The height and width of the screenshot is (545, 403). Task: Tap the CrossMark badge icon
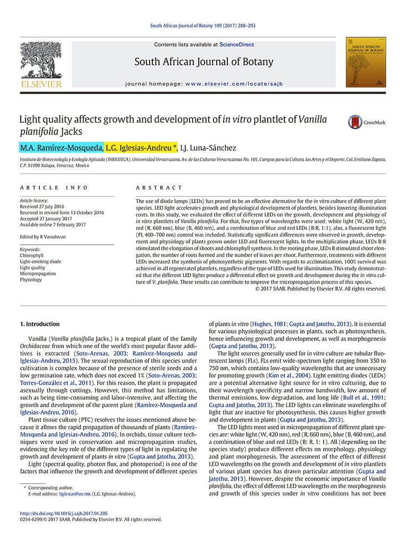click(355, 122)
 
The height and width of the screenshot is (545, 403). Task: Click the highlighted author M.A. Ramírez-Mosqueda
click(61, 147)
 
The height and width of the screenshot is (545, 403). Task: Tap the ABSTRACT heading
click(159, 188)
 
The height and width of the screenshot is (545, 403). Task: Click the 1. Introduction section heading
click(40, 324)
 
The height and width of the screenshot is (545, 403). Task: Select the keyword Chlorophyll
click(31, 255)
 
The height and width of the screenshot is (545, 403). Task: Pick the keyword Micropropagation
click(38, 274)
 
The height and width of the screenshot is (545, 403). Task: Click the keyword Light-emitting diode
click(40, 262)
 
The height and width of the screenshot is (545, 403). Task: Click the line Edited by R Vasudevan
click(43, 237)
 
